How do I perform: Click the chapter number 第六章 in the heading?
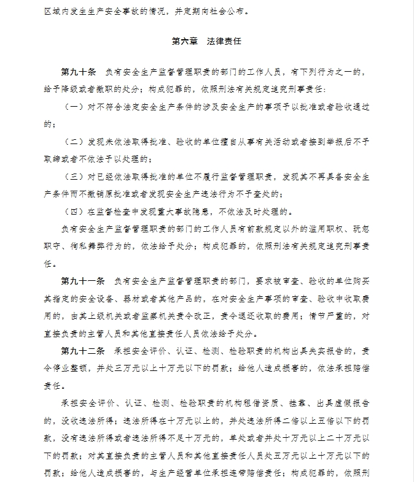184,42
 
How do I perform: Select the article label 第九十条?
78,72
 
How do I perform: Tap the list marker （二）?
75,142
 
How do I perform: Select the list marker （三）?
75,177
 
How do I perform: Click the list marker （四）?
75,212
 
